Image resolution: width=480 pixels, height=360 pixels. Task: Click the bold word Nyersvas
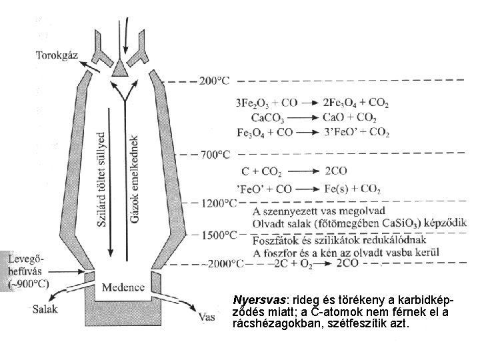click(x=255, y=300)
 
